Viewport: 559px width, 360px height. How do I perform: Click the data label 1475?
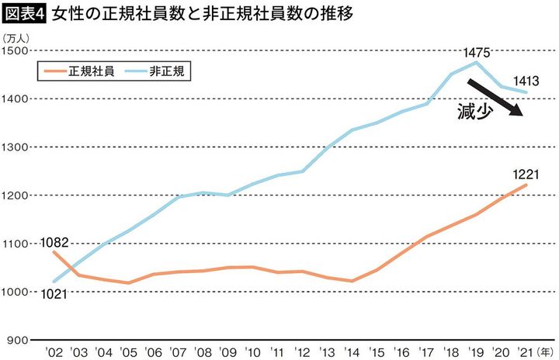click(x=476, y=52)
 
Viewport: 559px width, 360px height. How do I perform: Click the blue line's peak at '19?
click(x=476, y=62)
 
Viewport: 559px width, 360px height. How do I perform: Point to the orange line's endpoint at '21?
click(x=526, y=185)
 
